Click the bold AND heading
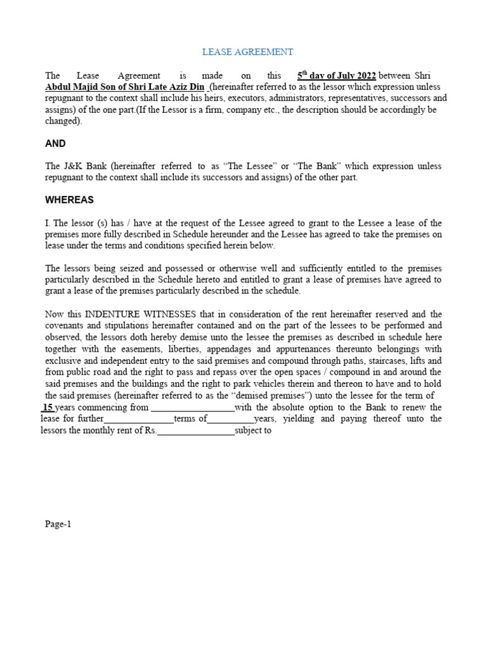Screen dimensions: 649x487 (x=55, y=144)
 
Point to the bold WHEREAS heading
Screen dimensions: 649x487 (x=69, y=200)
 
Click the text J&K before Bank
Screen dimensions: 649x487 (x=75, y=166)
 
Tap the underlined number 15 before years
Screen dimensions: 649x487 (x=48, y=408)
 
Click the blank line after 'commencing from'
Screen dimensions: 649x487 (x=192, y=408)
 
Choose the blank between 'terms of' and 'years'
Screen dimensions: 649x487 (x=230, y=419)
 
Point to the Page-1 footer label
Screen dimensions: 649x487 (x=58, y=524)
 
